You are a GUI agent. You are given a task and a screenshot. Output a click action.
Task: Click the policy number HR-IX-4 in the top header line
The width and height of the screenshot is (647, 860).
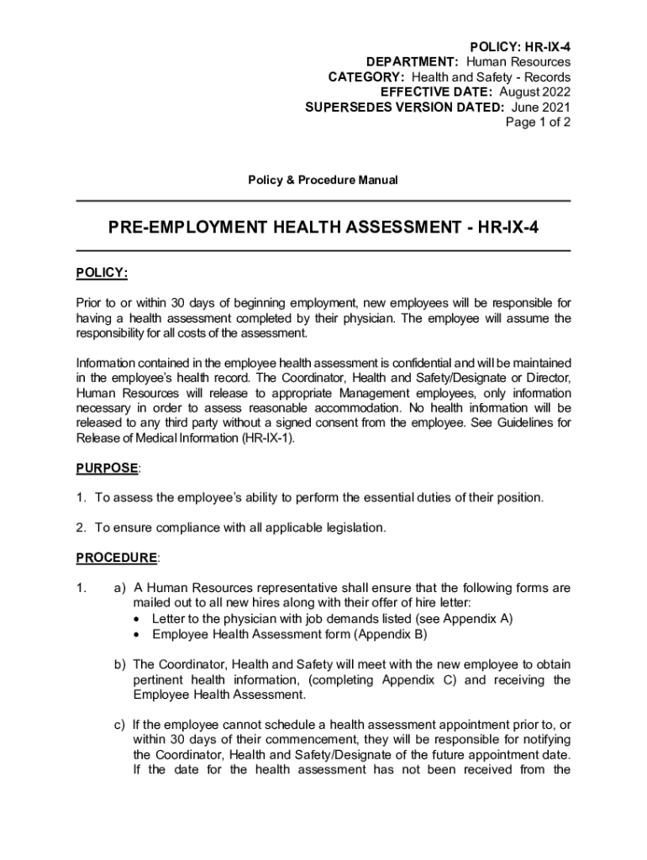pos(544,46)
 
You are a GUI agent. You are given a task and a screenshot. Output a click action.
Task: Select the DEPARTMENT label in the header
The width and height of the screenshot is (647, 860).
pos(413,62)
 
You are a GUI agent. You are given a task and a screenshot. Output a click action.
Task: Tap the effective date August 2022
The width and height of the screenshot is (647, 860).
pos(534,92)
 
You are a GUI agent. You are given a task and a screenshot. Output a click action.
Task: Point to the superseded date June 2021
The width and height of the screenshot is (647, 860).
pos(540,107)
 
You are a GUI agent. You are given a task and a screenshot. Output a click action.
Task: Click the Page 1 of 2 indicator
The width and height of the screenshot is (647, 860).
pos(538,123)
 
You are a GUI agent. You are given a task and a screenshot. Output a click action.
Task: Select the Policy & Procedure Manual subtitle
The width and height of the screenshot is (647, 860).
pos(323,181)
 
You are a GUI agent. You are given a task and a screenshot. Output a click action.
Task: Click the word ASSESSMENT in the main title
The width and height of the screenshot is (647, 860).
pos(394,227)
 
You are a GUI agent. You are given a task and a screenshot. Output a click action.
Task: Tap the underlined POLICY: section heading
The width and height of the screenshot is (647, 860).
pos(102,273)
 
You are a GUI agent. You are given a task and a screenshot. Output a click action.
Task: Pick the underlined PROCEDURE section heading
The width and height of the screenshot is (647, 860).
pos(117,558)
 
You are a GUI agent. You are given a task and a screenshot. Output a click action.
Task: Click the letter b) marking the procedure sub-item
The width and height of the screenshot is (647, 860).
pos(120,664)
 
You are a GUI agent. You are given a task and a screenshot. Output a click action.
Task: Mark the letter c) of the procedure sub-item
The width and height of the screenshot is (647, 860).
pos(120,725)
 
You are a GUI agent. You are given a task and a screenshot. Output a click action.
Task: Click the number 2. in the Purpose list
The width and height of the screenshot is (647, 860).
pos(82,527)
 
